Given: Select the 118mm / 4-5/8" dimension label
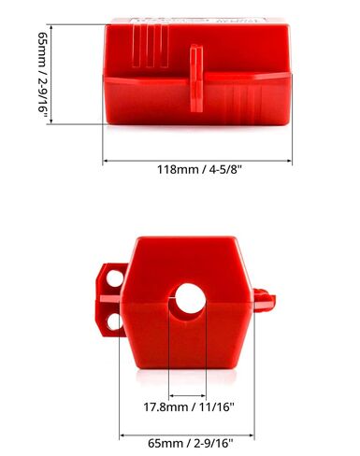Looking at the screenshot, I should click(197, 170).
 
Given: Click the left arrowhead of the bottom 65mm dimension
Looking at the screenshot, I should click(122, 434).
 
